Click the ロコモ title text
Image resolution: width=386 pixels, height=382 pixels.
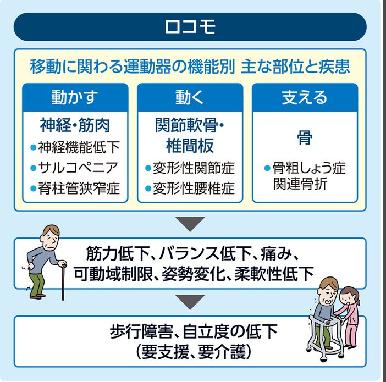[190, 26]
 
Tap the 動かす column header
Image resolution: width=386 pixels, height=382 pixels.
[75, 97]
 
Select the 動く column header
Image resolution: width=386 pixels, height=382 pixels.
[190, 97]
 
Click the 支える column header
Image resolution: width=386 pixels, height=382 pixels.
[305, 97]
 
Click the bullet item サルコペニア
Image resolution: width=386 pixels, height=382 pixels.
[78, 168]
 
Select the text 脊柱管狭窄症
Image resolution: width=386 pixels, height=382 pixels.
[79, 189]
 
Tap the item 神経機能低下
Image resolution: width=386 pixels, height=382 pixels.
[79, 147]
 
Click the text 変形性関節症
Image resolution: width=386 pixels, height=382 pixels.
[194, 168]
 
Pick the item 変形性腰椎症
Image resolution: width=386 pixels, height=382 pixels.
[194, 189]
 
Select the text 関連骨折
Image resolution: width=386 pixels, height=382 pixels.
[300, 184]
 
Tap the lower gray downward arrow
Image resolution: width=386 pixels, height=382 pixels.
[190, 302]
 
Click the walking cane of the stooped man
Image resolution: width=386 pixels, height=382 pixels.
[63, 281]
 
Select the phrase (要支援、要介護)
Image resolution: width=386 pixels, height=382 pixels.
[194, 352]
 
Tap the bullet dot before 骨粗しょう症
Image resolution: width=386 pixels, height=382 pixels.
[267, 168]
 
